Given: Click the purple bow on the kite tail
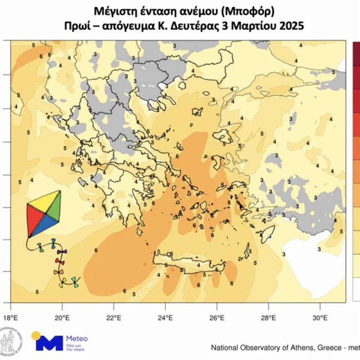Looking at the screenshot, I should [x=61, y=251].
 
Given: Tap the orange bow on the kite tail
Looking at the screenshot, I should [x=58, y=272].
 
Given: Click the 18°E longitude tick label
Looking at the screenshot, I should [x=10, y=318].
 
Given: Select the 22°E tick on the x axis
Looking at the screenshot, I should [x=114, y=318].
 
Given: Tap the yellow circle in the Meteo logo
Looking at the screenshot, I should [x=36, y=334].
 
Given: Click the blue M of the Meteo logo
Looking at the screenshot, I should [x=50, y=343].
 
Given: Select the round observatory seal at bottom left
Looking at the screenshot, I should [x=11, y=341].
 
